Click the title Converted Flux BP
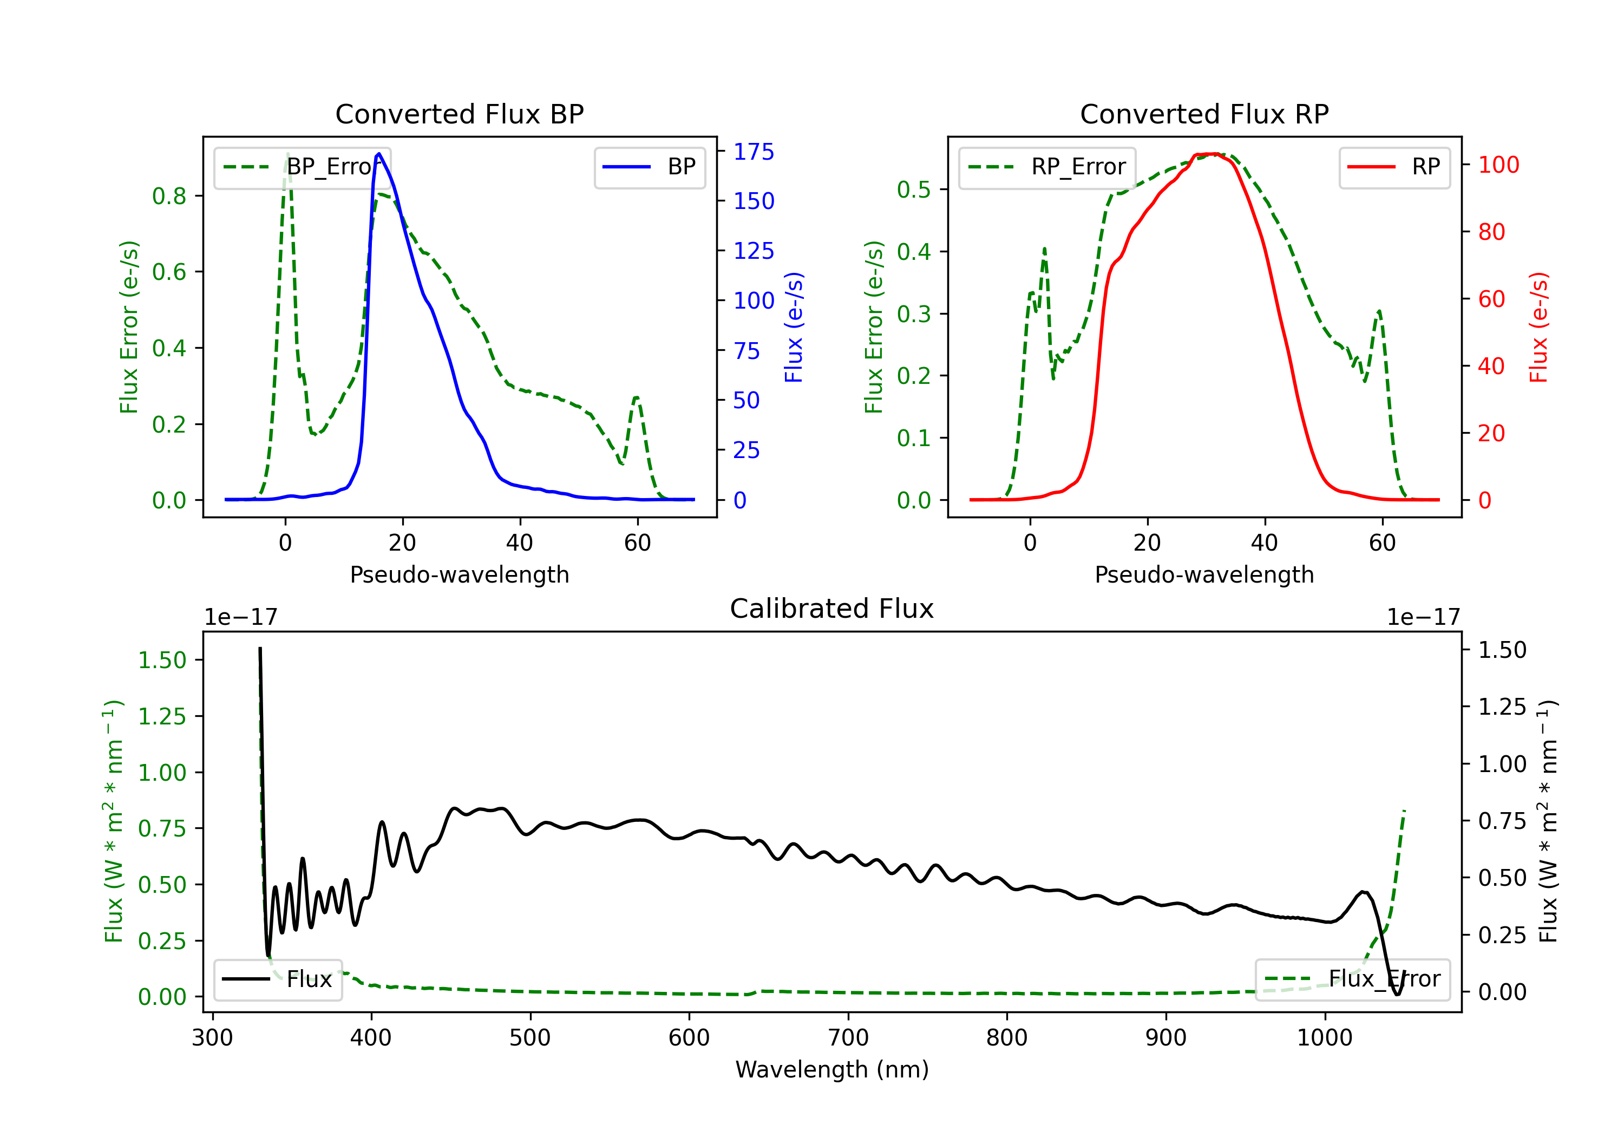(x=459, y=114)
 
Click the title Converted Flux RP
(x=1204, y=114)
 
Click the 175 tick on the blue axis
(x=754, y=152)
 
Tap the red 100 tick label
(x=1498, y=165)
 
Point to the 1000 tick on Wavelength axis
(x=1324, y=1038)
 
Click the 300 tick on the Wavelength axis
(x=212, y=1038)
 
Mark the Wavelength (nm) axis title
(x=832, y=1070)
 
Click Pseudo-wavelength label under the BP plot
(x=459, y=574)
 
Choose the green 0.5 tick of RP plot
(x=914, y=190)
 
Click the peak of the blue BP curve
(x=379, y=154)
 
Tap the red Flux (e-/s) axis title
(x=1539, y=327)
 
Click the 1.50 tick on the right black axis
(x=1502, y=650)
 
